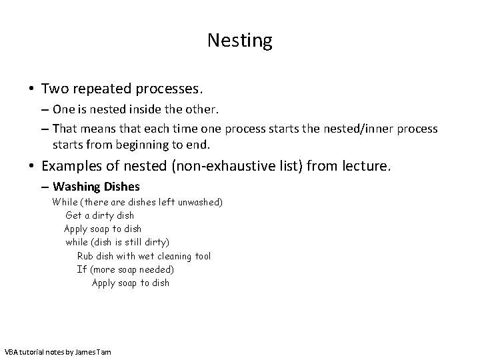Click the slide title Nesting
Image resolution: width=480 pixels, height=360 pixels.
[x=239, y=41]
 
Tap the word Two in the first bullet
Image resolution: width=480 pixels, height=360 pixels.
[x=54, y=88]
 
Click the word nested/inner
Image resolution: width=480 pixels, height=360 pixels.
[x=362, y=127]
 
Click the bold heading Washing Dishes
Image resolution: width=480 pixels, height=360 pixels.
[x=96, y=187]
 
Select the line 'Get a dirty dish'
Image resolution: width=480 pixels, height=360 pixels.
[x=99, y=215]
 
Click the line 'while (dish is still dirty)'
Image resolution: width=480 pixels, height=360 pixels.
[x=117, y=242]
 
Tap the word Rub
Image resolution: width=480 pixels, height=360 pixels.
[x=85, y=256]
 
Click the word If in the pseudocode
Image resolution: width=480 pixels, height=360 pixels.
[x=82, y=269]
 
